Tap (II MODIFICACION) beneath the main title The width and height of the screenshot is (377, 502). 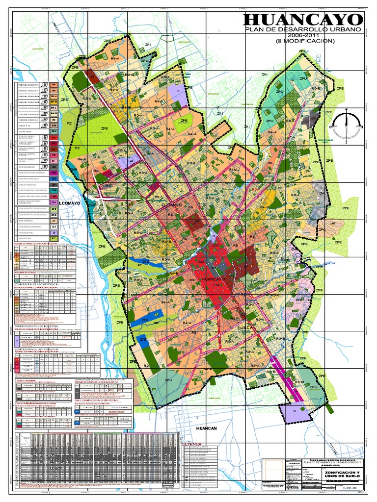(x=305, y=42)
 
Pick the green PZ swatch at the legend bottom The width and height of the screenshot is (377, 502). (x=54, y=239)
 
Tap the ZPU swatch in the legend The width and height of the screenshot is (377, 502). (x=54, y=132)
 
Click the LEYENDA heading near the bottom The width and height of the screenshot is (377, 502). (x=191, y=444)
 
